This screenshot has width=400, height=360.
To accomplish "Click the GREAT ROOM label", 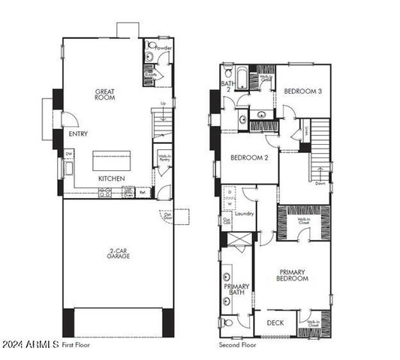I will coord(104,95).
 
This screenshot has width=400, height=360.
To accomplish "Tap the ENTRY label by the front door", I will coord(78,134).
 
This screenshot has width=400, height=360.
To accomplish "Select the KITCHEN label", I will coord(111,178).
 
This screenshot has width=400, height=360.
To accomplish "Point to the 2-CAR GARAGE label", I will coord(118,253).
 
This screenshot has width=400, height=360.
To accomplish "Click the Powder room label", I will coord(163,48).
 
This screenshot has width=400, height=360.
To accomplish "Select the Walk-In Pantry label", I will coord(164,158).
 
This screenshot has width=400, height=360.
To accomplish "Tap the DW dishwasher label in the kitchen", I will coord(68,154).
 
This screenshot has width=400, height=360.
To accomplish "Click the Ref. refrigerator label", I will coord(143,193).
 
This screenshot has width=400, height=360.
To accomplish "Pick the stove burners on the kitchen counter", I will coord(106,193).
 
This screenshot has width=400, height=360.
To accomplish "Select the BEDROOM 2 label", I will coord(248,157).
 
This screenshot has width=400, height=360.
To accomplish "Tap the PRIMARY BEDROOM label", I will coord(294,275).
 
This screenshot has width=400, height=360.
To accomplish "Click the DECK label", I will coord(275,323).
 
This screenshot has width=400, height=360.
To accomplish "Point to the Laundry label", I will coord(245,214).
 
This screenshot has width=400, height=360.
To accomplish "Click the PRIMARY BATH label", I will coord(236,290).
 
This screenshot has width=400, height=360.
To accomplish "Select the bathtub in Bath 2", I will coord(244,74).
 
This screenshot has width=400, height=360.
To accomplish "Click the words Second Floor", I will coord(238,345).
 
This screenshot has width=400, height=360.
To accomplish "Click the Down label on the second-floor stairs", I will coord(320,182).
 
